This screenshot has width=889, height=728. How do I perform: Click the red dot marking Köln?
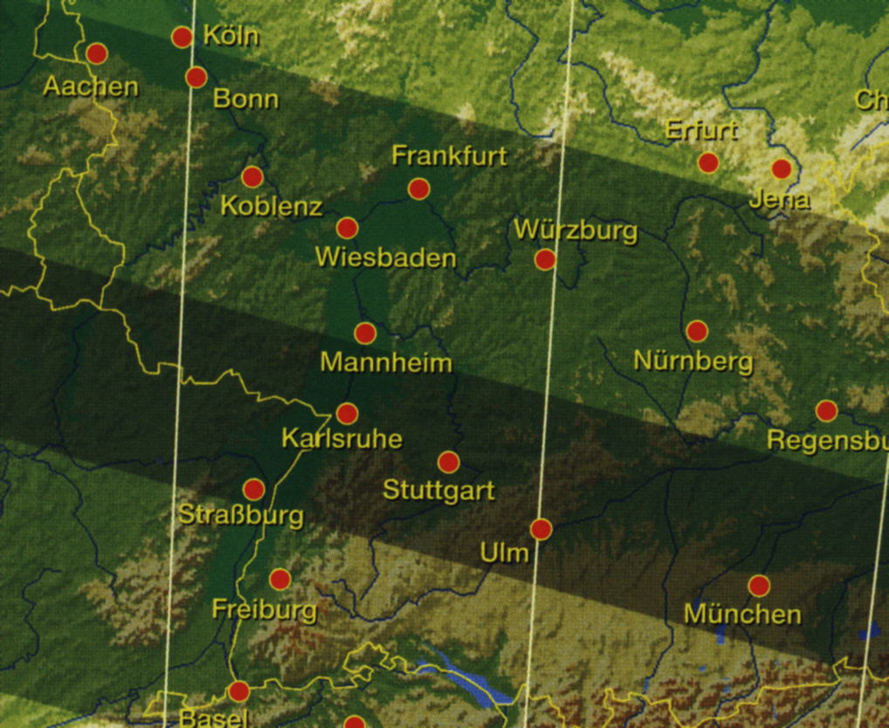182,37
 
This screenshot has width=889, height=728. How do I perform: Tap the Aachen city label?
91,86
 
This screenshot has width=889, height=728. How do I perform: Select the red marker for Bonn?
196,77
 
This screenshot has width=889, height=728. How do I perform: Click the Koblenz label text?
272,207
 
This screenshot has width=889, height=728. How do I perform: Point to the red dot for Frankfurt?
418,189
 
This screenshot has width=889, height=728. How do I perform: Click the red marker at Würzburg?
545,259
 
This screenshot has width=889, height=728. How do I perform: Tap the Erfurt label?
701,130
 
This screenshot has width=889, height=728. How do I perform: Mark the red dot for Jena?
781,168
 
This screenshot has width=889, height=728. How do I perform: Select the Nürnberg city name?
693,361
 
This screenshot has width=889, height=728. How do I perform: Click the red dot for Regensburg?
826,410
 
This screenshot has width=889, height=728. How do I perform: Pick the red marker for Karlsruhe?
347,414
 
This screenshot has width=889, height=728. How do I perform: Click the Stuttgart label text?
438,491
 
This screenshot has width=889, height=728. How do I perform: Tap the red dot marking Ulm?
541,529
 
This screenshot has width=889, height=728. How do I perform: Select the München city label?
741,614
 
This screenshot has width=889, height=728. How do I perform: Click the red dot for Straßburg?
253,489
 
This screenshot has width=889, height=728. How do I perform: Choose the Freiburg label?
264,608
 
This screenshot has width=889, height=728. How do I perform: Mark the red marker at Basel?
238,692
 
